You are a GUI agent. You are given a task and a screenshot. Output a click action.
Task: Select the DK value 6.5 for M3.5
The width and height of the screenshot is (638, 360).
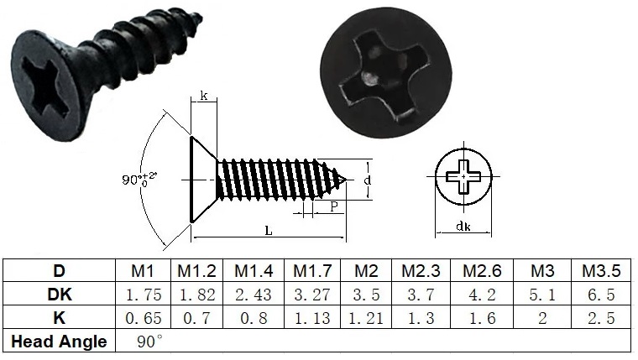(601, 295)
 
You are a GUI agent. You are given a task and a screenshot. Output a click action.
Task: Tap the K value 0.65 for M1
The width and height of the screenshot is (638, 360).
(143, 318)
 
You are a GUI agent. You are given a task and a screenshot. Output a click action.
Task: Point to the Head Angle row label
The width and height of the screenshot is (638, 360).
(59, 342)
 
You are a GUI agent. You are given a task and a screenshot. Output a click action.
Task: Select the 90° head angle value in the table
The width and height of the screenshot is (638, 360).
(149, 341)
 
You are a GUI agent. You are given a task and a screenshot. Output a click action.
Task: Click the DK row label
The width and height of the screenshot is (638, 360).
(59, 295)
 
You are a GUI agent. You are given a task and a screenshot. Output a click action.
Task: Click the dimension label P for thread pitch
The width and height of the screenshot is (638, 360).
(334, 206)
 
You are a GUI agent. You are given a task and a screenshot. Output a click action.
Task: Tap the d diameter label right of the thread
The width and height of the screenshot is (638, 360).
(368, 179)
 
